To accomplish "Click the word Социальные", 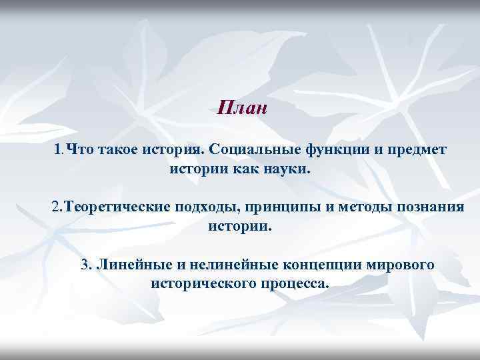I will pos(254,149).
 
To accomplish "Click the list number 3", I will pos(85,265).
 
